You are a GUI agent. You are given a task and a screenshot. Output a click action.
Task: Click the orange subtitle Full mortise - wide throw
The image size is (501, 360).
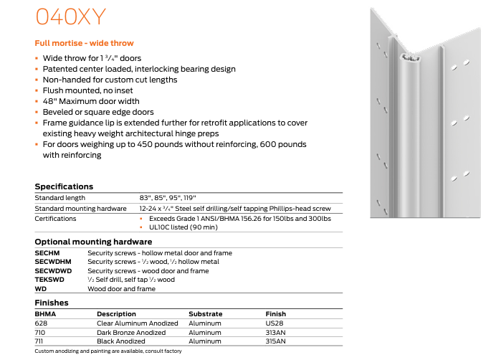click(84, 43)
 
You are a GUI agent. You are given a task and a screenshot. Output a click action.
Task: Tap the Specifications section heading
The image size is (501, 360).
click(64, 186)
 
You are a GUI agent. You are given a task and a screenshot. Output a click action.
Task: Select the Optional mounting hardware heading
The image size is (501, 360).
click(93, 242)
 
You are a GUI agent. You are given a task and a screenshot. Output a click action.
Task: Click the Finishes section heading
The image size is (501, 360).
click(52, 303)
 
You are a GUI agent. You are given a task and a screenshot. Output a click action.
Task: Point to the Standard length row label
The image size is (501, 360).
click(60, 198)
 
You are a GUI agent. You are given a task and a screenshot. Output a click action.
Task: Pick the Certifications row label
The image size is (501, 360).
click(55, 219)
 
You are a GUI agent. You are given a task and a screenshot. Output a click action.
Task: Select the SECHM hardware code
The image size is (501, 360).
click(47, 253)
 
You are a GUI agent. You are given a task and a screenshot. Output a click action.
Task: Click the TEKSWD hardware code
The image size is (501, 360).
click(48, 280)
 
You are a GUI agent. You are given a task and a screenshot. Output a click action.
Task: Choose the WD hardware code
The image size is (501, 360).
click(41, 289)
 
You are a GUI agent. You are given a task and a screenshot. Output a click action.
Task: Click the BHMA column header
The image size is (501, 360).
click(45, 314)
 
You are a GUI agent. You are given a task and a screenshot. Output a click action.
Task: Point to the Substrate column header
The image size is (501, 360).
click(206, 314)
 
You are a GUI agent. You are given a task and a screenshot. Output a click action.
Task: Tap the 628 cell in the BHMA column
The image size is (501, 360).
click(41, 323)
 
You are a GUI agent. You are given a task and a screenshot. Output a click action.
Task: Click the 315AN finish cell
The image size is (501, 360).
click(276, 342)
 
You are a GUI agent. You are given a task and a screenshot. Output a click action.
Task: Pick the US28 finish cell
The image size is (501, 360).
click(274, 323)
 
